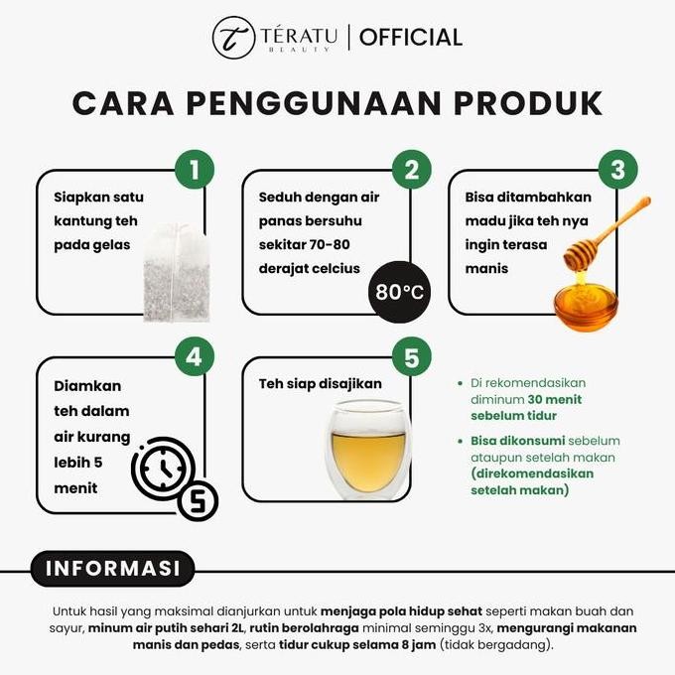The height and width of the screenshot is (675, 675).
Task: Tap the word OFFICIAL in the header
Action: (411, 38)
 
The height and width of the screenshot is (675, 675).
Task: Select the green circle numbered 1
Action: (195, 171)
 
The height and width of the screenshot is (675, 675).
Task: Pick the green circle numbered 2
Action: (411, 171)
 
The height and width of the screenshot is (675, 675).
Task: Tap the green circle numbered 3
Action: (617, 171)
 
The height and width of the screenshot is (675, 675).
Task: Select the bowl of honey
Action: (585, 303)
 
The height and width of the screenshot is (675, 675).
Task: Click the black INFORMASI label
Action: (109, 569)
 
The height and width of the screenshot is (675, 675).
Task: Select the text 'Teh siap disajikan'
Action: (320, 383)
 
